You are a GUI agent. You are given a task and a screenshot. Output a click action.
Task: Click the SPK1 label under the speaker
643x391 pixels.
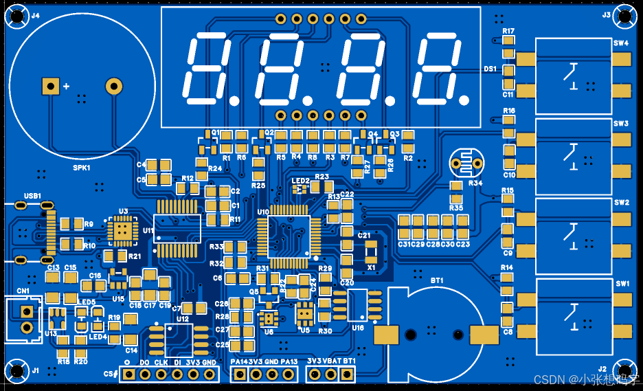click(82, 167)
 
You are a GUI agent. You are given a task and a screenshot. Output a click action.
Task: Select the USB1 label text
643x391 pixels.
click(33, 196)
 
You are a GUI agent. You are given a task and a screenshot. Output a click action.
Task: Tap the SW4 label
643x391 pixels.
click(621, 43)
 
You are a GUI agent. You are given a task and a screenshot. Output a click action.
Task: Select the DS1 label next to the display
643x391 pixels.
click(490, 69)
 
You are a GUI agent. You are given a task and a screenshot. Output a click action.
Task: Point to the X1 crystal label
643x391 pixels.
click(372, 267)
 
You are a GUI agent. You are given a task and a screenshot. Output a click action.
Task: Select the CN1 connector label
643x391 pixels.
click(23, 291)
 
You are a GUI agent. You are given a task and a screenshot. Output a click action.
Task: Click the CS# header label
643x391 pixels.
click(110, 374)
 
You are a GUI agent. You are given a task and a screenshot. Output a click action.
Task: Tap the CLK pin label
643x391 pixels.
click(161, 362)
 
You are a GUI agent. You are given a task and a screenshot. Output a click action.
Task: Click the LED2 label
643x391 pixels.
click(300, 181)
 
